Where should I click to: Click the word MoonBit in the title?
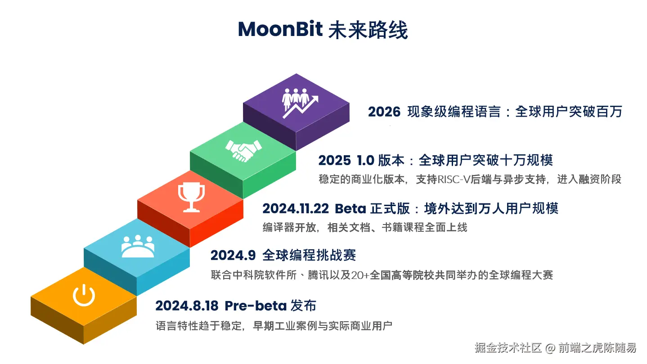[x=280, y=29]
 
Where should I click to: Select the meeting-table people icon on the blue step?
[x=138, y=246]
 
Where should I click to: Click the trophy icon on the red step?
[x=191, y=198]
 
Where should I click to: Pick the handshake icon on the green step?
[x=243, y=151]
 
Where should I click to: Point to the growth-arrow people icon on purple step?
[x=300, y=103]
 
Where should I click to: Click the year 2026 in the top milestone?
[x=384, y=112]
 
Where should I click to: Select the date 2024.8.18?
[x=187, y=306]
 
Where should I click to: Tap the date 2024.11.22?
[x=296, y=209]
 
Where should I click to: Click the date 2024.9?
[x=233, y=256]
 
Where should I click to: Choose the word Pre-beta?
[x=256, y=306]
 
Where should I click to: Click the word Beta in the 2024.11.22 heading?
[x=350, y=209]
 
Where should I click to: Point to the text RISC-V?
[x=454, y=180]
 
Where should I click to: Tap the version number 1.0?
[x=366, y=160]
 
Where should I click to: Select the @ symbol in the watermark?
[x=550, y=348]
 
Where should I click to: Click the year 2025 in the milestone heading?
[x=334, y=160]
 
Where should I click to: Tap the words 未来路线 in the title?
[x=368, y=29]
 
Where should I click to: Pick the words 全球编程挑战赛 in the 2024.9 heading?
[x=309, y=256]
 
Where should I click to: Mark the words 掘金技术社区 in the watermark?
[x=508, y=348]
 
